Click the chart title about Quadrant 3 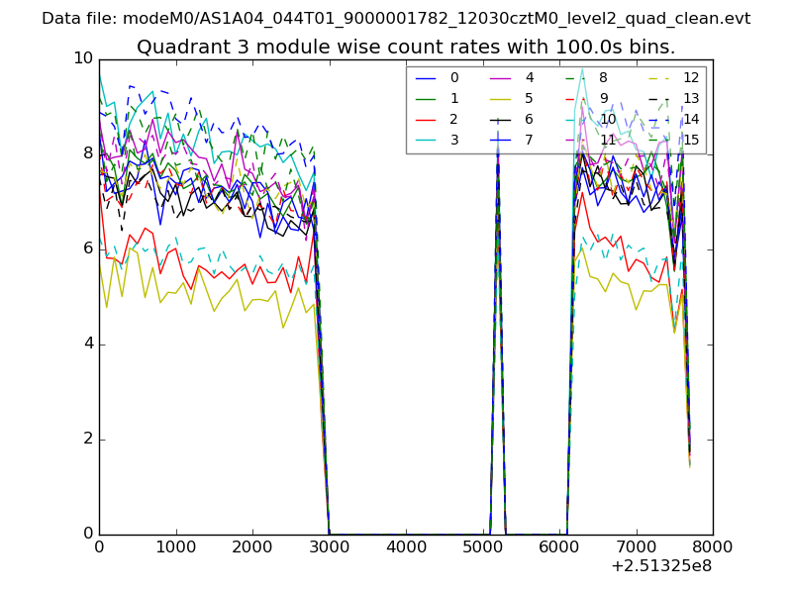click(x=406, y=47)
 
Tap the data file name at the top click(x=396, y=19)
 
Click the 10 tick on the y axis click(x=83, y=58)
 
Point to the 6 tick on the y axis click(x=88, y=248)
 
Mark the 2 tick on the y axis click(x=88, y=439)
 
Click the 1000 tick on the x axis click(x=175, y=546)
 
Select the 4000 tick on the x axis click(x=406, y=546)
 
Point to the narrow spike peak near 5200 click(x=497, y=148)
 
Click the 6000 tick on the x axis click(x=559, y=546)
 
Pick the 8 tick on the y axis click(x=88, y=153)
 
